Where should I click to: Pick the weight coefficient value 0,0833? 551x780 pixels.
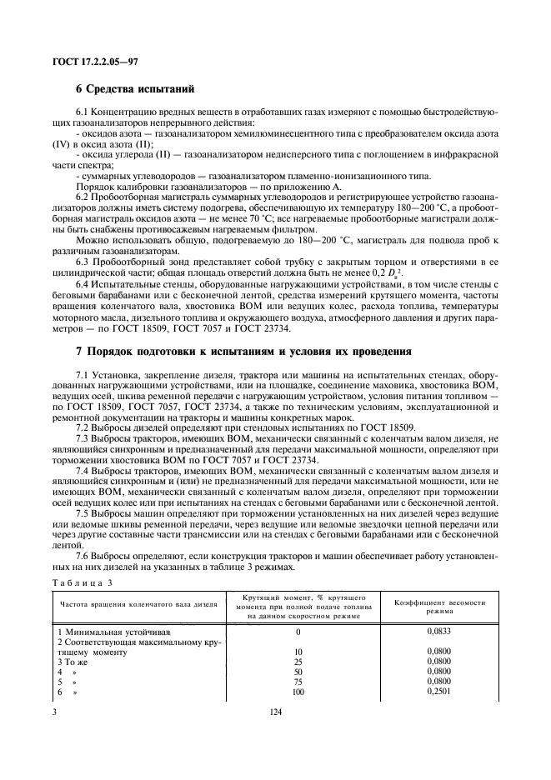(438, 632)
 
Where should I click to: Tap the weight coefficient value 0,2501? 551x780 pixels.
(438, 690)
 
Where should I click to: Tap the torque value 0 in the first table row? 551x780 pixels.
(298, 632)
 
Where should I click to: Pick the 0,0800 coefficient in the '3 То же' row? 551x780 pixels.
(438, 661)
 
